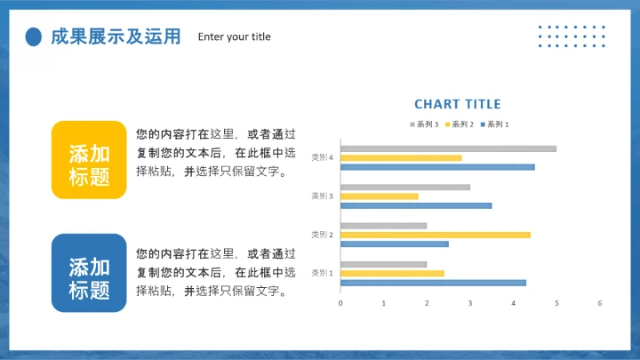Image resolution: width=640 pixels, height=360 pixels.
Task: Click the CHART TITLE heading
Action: pos(457,105)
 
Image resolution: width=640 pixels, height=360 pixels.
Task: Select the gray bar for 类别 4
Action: pos(448,148)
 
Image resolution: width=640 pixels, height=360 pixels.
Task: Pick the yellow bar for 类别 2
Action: pos(436,235)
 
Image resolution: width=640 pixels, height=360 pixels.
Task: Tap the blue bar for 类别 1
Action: pos(433,283)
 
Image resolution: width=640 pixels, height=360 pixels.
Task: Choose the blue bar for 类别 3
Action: pos(416,205)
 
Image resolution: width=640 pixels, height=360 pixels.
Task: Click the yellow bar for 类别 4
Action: pos(401,158)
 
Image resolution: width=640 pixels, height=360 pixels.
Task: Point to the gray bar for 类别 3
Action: pos(405,187)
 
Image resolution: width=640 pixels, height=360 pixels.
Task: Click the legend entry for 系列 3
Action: pos(425,124)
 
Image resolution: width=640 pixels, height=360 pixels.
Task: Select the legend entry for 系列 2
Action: pos(460,124)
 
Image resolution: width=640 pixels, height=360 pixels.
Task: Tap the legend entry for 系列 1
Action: pos(495,124)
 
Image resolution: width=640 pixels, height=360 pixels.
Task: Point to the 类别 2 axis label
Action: pos(322,235)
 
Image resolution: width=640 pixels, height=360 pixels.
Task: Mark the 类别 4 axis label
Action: pos(322,157)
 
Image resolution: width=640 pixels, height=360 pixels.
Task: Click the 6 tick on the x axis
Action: pos(600,303)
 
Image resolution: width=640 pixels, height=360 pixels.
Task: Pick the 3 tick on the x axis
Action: pos(470,303)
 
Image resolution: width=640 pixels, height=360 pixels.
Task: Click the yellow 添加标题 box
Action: pos(89,159)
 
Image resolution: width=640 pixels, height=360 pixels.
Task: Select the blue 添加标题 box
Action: pos(89,273)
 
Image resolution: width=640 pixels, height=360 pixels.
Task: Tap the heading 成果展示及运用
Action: pos(116,36)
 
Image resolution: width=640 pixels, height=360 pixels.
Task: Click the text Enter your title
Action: pos(235,37)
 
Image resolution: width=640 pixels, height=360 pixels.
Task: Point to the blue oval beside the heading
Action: pos(34,36)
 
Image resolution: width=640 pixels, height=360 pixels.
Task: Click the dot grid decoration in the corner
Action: pos(572,36)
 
